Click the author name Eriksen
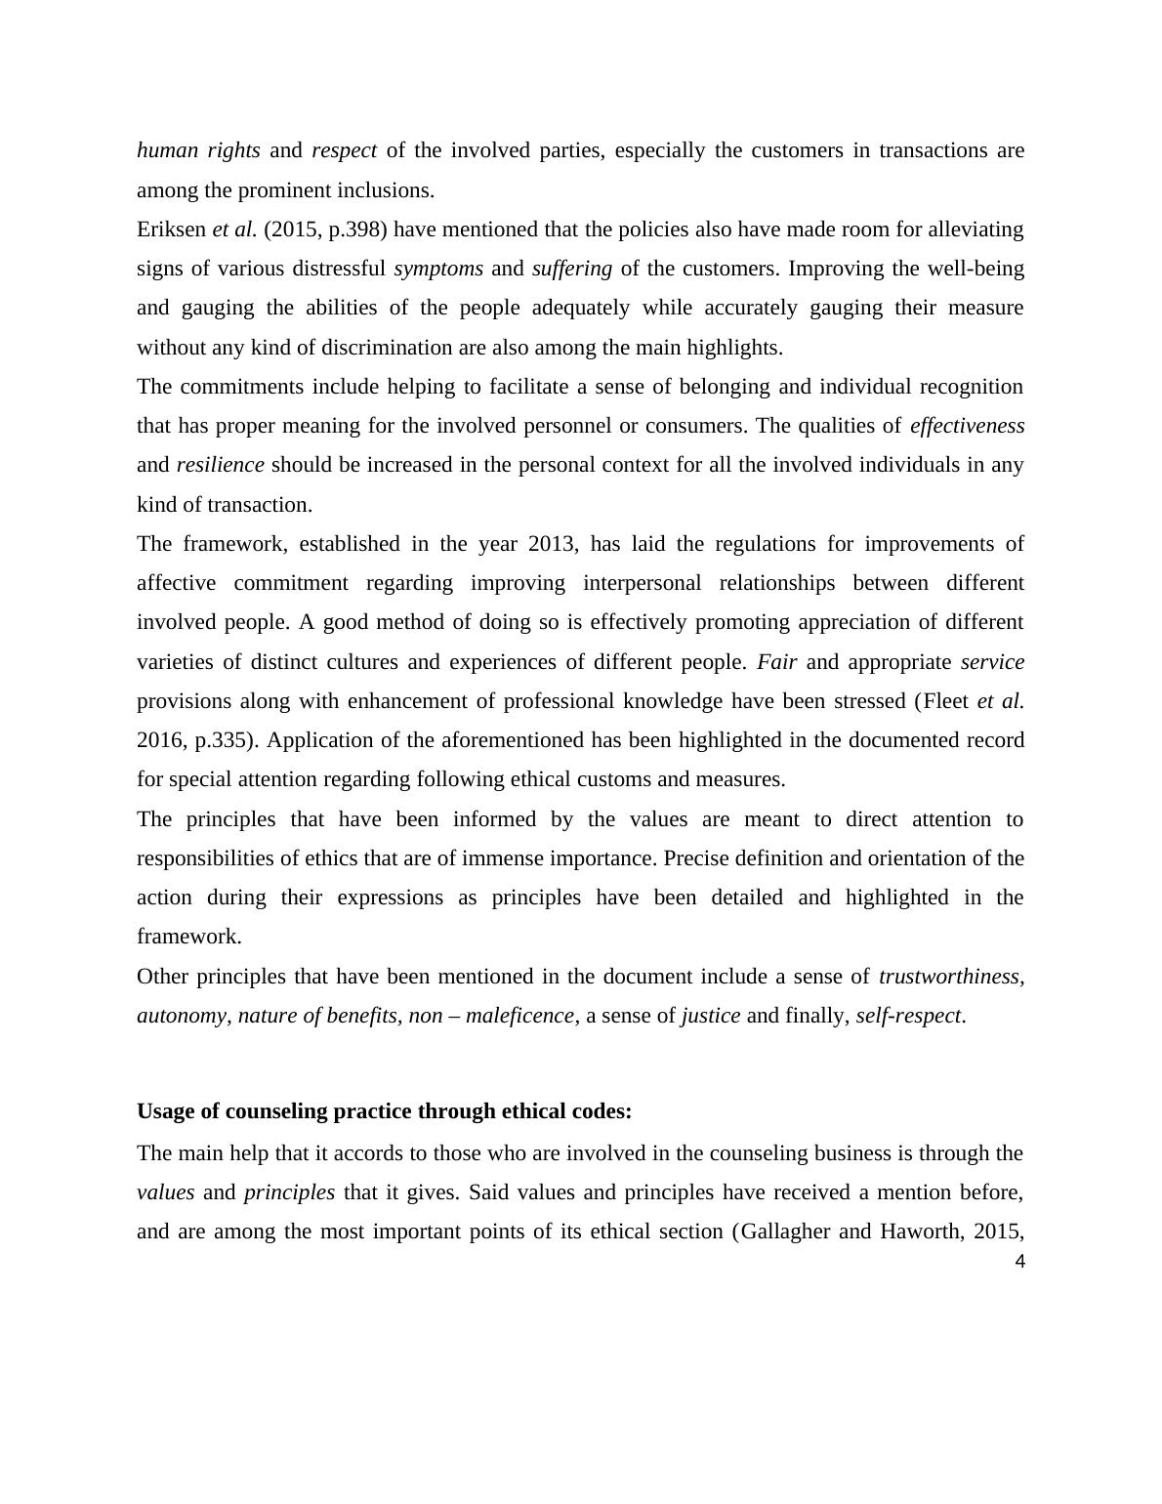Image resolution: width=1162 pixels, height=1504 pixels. coord(172,230)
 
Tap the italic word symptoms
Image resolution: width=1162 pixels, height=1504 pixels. coord(438,269)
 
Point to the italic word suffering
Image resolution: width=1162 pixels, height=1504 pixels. coord(572,269)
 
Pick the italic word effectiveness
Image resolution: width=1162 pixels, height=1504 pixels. coord(967,426)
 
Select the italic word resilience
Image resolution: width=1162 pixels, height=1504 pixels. coord(220,465)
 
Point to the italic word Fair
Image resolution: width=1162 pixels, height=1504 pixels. coord(776,662)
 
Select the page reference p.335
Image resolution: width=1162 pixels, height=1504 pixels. coord(224,740)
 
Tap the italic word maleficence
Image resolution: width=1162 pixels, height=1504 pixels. coord(519,1016)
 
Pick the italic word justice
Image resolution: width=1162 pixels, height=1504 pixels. coord(710,1016)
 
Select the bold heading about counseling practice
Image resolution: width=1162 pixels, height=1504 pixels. coord(384,1111)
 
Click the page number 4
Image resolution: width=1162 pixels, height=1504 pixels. coord(1020,1262)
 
